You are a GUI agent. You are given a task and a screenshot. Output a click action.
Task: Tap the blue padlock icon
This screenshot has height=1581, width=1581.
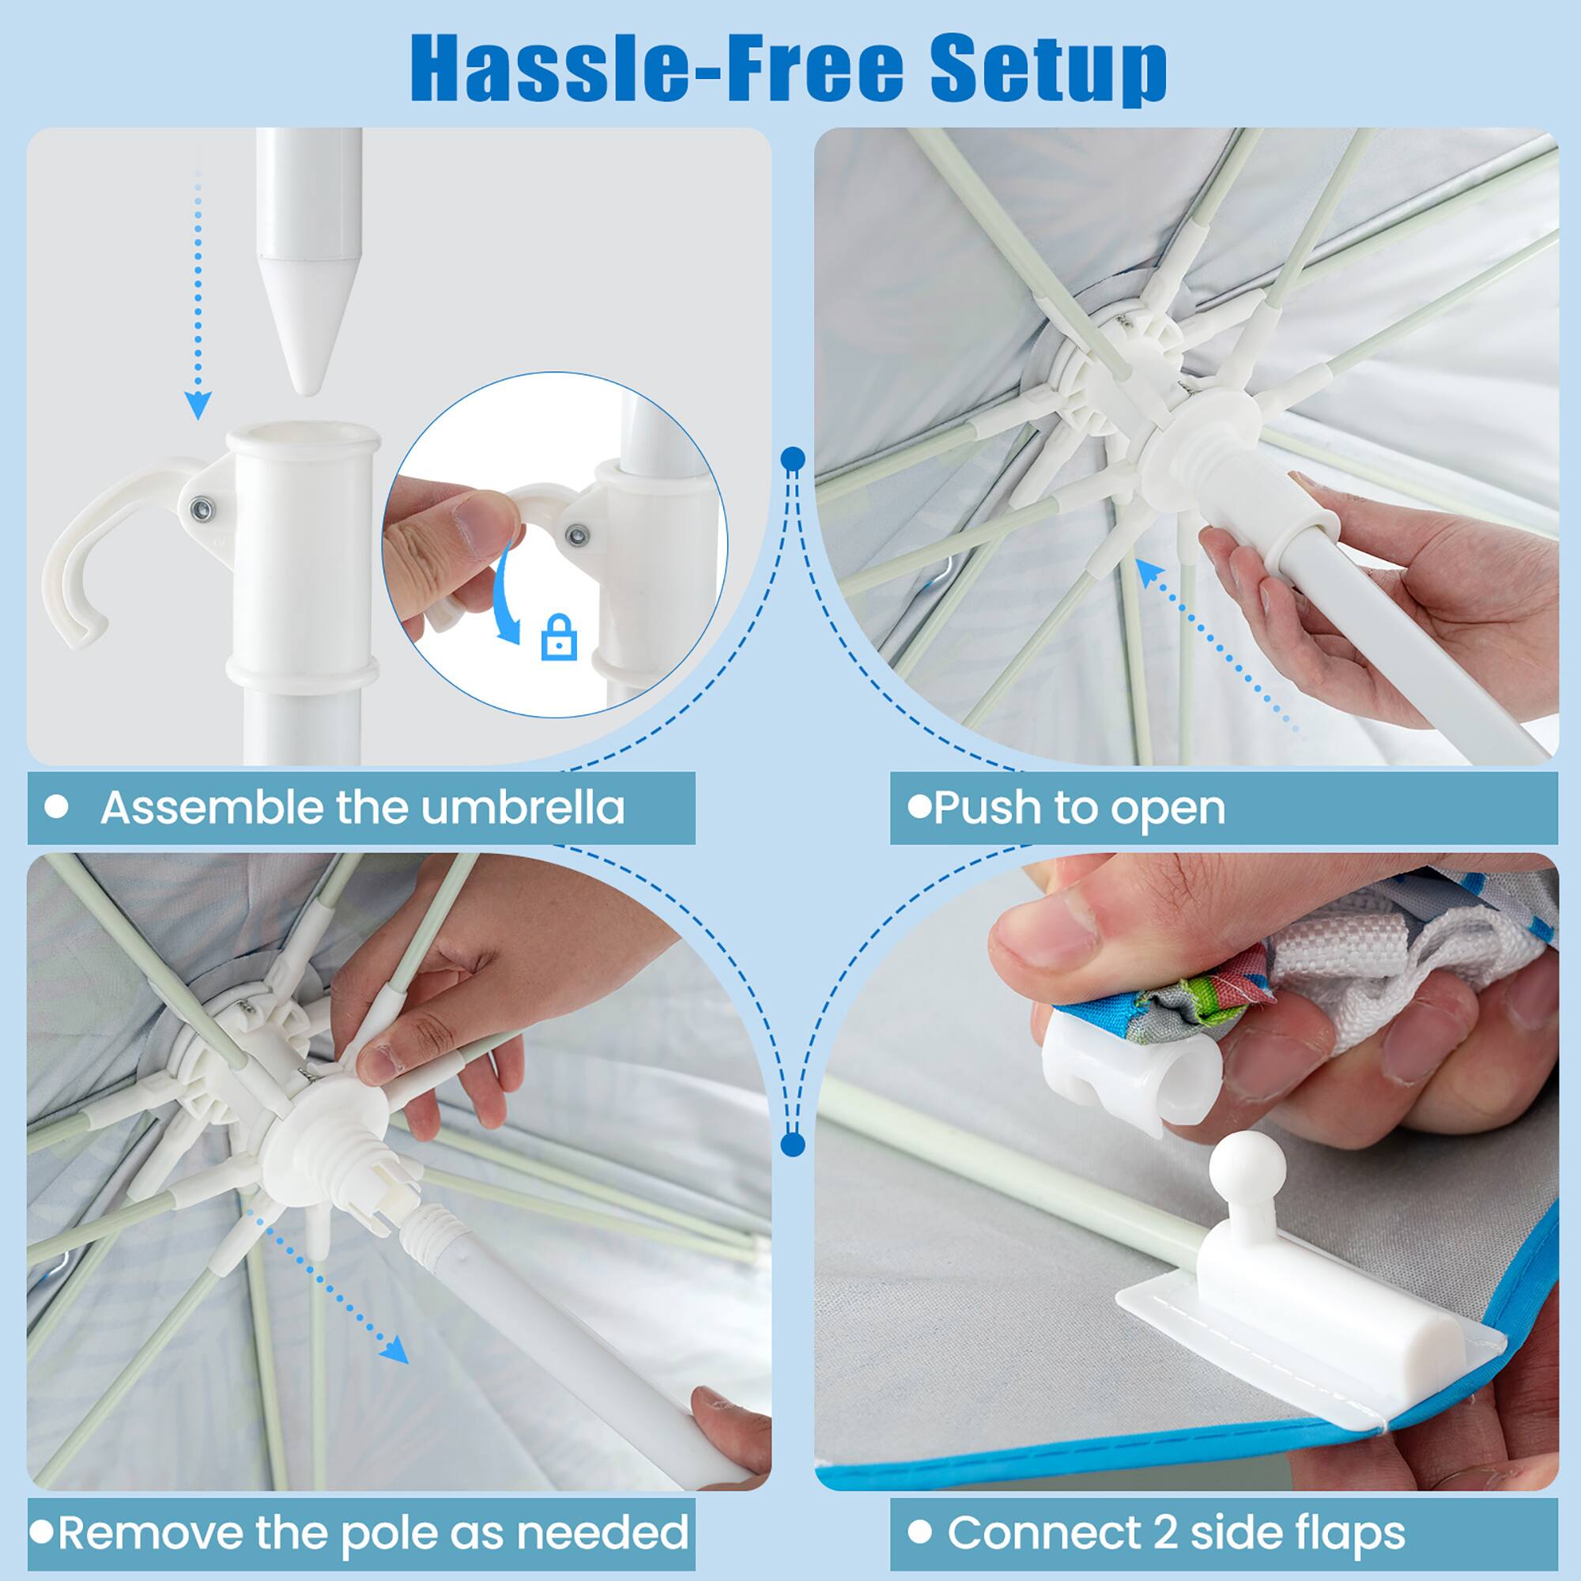559,637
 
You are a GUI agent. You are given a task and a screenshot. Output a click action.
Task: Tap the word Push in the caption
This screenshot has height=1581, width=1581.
986,808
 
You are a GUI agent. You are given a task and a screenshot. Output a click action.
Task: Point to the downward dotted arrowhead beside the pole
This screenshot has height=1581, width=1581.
197,404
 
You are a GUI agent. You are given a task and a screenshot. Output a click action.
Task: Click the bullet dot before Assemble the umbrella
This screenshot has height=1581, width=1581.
56,808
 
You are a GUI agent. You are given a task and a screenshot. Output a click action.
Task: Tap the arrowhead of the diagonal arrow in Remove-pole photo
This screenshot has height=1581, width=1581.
397,1351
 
